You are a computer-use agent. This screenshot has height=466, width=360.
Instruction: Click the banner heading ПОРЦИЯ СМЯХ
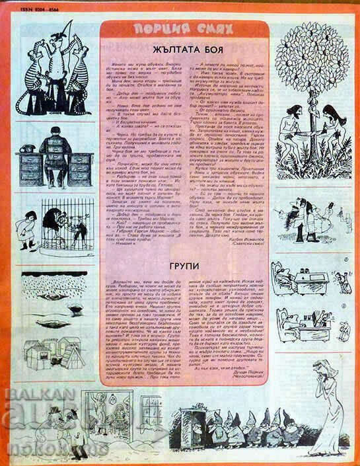pyautogui.click(x=180, y=30)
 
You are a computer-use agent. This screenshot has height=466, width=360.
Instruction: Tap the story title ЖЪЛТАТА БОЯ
pyautogui.click(x=180, y=49)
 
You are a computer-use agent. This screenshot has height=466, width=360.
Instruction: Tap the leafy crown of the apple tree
pyautogui.click(x=314, y=66)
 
